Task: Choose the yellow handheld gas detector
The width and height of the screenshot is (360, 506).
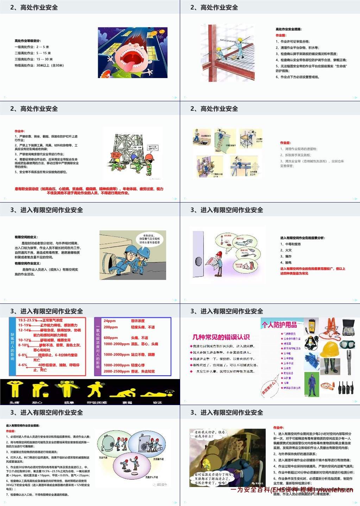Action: pyautogui.click(x=311, y=326)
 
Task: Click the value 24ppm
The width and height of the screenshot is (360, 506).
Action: pyautogui.click(x=110, y=321)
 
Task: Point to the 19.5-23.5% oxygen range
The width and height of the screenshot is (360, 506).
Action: pyautogui.click(x=27, y=320)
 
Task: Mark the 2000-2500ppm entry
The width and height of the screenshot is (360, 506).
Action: pyautogui.click(x=116, y=371)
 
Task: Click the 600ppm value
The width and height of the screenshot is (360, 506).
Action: pyautogui.click(x=110, y=338)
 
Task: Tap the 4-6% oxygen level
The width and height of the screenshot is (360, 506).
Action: pyautogui.click(x=23, y=365)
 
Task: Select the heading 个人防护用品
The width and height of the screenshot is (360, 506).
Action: pyautogui.click(x=279, y=325)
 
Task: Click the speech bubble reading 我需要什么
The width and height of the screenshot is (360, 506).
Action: pyautogui.click(x=270, y=388)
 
